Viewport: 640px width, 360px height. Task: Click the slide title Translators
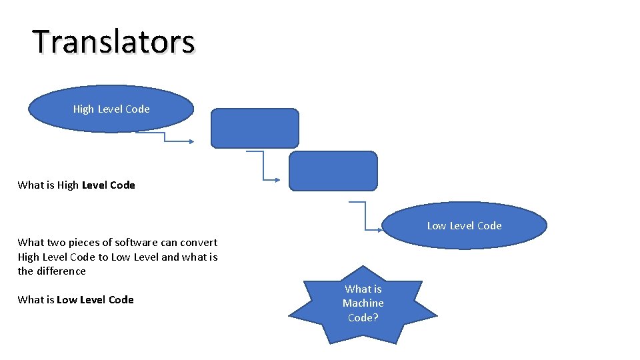pos(114,41)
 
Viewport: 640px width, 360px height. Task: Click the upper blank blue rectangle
pos(255,128)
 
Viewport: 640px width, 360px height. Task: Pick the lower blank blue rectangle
pos(333,171)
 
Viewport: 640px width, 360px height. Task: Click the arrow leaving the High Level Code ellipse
pos(165,137)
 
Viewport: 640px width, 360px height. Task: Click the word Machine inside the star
pos(363,303)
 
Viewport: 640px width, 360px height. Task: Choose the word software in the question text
pos(136,243)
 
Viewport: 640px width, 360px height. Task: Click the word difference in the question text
pos(61,271)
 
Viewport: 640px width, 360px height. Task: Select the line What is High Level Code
pos(76,185)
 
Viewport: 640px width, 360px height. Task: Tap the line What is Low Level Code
pos(75,300)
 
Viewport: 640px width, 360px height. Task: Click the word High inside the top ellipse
pos(83,109)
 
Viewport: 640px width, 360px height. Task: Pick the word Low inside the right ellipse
pos(437,226)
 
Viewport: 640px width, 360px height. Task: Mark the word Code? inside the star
pos(363,318)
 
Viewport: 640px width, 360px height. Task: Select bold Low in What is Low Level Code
pos(67,300)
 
